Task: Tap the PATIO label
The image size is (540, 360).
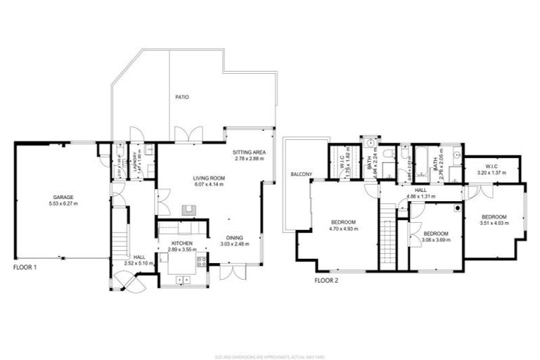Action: coord(182,97)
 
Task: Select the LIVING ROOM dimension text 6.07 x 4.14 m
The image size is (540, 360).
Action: coord(209,185)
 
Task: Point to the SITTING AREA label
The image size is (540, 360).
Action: coord(249,152)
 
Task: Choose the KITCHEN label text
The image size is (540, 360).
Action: coord(182,243)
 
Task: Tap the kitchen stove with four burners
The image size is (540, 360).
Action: coord(202,262)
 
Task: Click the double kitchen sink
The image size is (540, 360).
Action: coord(183,280)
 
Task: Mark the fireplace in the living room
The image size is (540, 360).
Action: coord(188,209)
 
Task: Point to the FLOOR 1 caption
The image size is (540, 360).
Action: coord(25,267)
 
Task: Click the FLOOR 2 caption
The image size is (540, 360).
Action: coord(326,280)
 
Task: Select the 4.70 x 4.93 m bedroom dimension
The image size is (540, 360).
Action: coord(345,229)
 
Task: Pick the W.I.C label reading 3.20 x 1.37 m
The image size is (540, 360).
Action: coord(491,172)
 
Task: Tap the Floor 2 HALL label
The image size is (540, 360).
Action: coord(420,190)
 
